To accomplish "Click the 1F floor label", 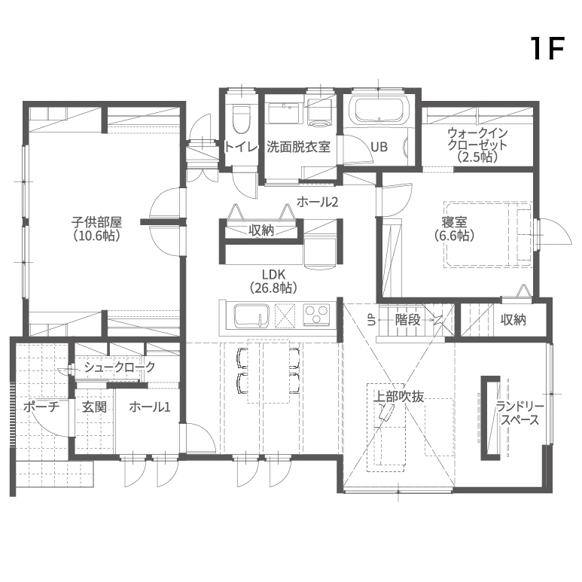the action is [548, 49].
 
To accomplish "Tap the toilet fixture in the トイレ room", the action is [240, 119].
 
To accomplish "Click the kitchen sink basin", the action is [251, 316].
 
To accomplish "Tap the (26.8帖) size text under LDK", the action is [273, 288].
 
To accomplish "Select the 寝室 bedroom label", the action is [454, 222].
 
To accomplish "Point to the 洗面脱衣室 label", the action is [298, 147].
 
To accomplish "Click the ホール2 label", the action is [318, 202].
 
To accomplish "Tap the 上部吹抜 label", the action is [398, 397].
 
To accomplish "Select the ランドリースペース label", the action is [520, 413].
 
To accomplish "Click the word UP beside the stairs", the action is [371, 320].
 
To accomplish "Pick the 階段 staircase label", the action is [407, 319].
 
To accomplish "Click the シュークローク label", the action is [120, 367].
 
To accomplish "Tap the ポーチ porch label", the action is [41, 407].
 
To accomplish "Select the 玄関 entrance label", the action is [94, 407].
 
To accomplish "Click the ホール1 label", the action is [150, 407].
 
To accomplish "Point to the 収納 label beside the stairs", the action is [513, 319].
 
